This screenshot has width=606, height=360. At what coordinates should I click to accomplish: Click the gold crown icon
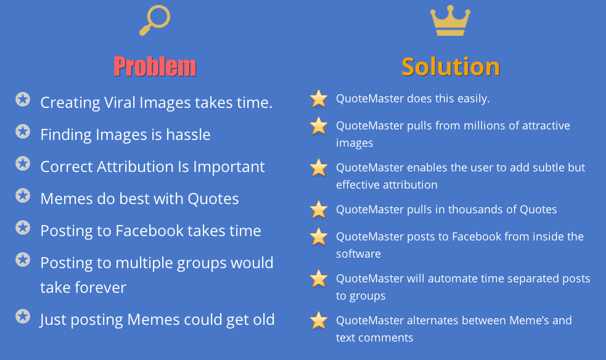click(x=450, y=21)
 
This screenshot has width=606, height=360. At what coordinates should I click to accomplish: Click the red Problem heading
click(x=155, y=67)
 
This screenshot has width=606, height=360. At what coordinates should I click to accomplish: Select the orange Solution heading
click(x=451, y=67)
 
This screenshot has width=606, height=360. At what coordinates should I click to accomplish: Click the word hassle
click(x=188, y=134)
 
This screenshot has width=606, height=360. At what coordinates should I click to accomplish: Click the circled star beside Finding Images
click(x=23, y=132)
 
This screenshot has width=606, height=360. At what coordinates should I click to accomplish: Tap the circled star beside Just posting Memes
click(x=23, y=317)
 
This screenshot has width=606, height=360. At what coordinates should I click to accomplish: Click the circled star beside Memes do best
click(x=23, y=196)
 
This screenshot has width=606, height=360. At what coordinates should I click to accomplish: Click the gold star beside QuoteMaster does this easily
click(x=319, y=99)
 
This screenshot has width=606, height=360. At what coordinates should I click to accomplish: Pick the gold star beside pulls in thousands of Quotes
click(x=319, y=210)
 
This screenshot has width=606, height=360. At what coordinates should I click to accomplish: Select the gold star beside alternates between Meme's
click(x=319, y=321)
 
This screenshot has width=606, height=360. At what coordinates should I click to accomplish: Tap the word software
click(x=358, y=254)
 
